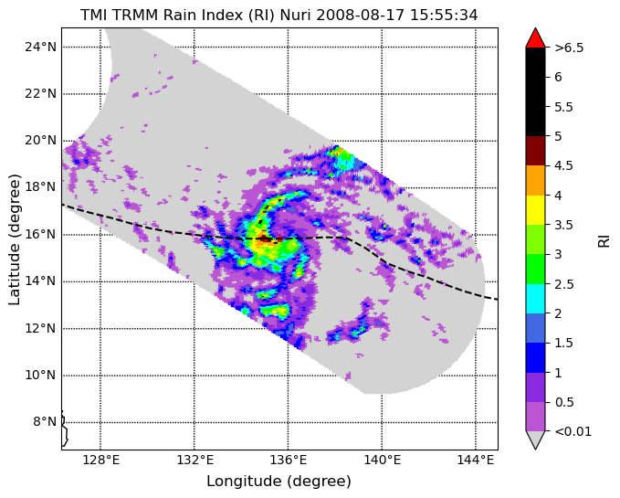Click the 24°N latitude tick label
(x=41, y=48)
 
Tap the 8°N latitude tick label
(x=44, y=421)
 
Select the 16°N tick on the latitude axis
(x=41, y=234)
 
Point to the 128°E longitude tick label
(x=100, y=461)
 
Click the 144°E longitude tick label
(x=476, y=461)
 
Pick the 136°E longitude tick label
(x=288, y=461)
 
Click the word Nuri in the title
(x=296, y=15)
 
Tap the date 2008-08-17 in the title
(x=361, y=15)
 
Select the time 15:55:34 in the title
(x=444, y=15)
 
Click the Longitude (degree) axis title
(x=279, y=482)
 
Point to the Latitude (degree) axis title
(x=15, y=239)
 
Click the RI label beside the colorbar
(x=604, y=239)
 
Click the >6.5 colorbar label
(x=569, y=48)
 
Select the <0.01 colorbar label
(x=573, y=431)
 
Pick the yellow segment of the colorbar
(x=535, y=210)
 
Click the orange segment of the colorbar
(x=535, y=180)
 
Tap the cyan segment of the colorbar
(x=535, y=299)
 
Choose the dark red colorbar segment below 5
(x=535, y=151)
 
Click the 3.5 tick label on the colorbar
(x=563, y=225)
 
